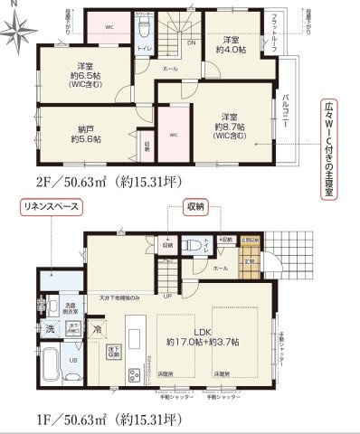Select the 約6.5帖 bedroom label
point(85,73)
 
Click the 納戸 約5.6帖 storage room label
point(85,133)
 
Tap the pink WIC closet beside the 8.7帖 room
point(175,136)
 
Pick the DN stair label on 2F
point(191,42)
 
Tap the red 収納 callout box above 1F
point(194,207)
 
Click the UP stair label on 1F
point(167,295)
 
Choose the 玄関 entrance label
point(248,261)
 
